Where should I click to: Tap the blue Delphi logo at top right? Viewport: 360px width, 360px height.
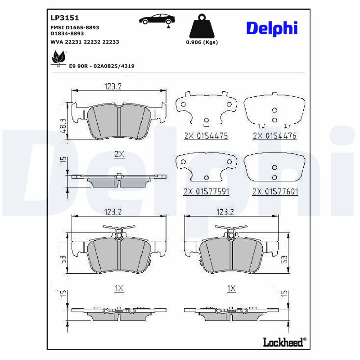pos(271,28)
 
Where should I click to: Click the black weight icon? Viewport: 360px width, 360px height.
pos(202,27)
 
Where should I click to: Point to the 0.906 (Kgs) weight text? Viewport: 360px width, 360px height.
pos(202,42)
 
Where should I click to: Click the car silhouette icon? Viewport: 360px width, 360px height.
pos(157,19)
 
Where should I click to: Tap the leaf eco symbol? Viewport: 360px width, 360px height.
pos(58,58)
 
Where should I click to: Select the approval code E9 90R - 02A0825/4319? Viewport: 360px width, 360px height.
pos(101,66)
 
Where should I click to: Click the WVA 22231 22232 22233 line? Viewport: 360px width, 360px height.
pos(85,41)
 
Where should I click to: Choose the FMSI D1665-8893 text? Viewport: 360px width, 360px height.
pos(75,27)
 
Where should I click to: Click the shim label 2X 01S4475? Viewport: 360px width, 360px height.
pos(206,135)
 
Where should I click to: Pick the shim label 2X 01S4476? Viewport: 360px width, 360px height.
pos(274,135)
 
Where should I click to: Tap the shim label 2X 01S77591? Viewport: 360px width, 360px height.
pos(207,191)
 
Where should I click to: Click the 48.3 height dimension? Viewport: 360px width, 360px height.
pos(63,127)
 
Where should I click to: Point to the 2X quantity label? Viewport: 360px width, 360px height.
pos(119,154)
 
